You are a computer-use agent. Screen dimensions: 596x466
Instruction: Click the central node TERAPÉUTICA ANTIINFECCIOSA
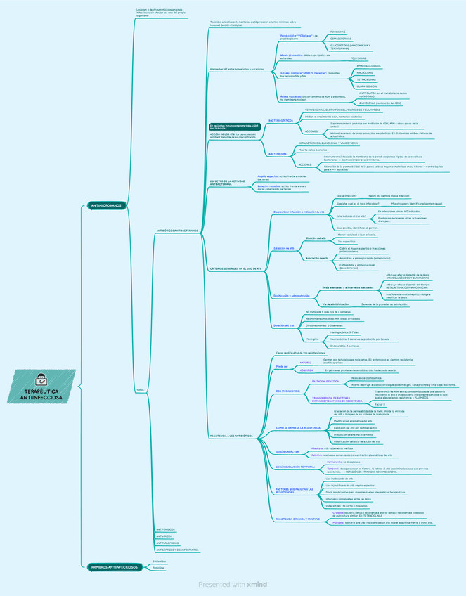pyautogui.click(x=41, y=394)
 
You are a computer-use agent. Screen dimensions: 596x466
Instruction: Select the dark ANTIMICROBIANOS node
pyautogui.click(x=106, y=206)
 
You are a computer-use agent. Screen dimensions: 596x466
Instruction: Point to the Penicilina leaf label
pyautogui.click(x=159, y=567)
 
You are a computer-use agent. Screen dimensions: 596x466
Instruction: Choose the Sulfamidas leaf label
pyautogui.click(x=160, y=562)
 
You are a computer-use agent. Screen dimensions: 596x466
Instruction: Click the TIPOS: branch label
pyautogui.click(x=140, y=389)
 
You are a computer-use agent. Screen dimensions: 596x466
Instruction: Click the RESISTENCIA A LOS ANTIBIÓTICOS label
pyautogui.click(x=231, y=436)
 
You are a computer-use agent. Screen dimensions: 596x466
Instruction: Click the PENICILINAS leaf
pyautogui.click(x=337, y=32)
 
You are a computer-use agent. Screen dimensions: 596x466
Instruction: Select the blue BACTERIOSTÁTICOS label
pyautogui.click(x=281, y=120)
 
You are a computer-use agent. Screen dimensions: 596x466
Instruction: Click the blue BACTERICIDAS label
pyautogui.click(x=278, y=153)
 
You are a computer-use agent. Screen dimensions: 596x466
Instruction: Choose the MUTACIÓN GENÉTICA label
pyautogui.click(x=325, y=380)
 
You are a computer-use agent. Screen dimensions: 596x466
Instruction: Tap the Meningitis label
pyautogui.click(x=313, y=339)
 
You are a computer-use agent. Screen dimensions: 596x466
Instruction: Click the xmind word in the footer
pyautogui.click(x=257, y=584)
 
